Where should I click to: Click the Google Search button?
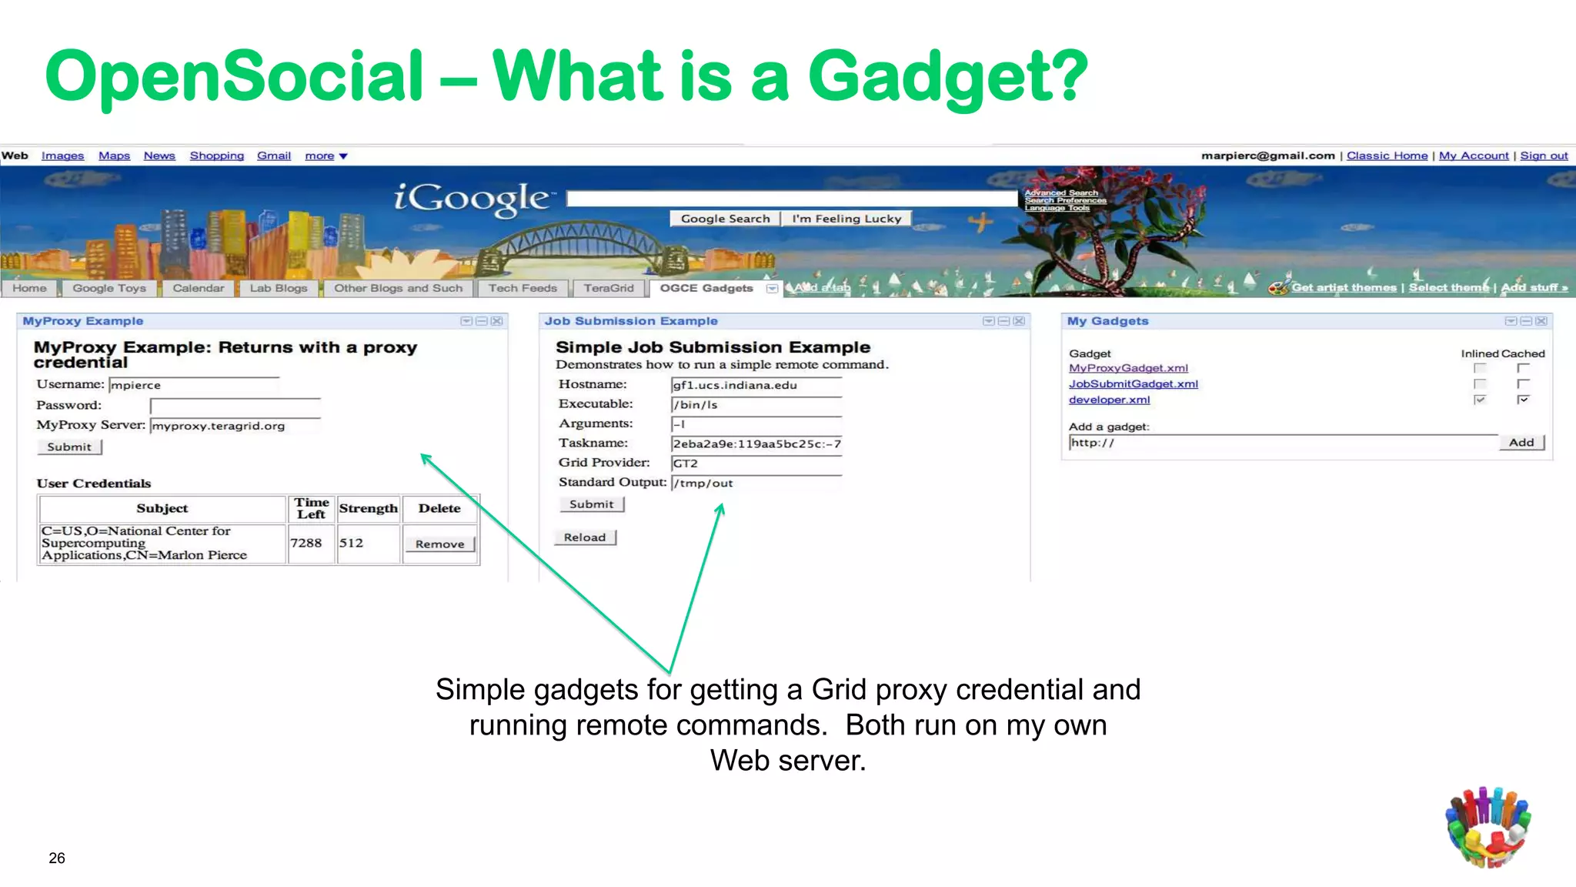(x=725, y=219)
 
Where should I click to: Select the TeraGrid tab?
(x=608, y=288)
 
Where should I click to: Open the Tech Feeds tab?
(x=522, y=288)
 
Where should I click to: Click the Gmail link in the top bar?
(x=273, y=156)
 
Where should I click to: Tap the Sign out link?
(x=1544, y=156)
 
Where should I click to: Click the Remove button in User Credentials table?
(x=439, y=544)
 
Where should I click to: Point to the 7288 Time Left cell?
(x=306, y=543)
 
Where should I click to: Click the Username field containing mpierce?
(x=194, y=385)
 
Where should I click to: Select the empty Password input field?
(x=235, y=406)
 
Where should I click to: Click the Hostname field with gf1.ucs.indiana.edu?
(x=756, y=385)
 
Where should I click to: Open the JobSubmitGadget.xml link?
(x=1133, y=384)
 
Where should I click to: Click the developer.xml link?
(x=1109, y=400)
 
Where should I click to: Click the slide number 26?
(x=57, y=858)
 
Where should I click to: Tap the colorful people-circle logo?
(x=1488, y=827)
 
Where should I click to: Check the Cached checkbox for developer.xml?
(x=1523, y=399)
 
